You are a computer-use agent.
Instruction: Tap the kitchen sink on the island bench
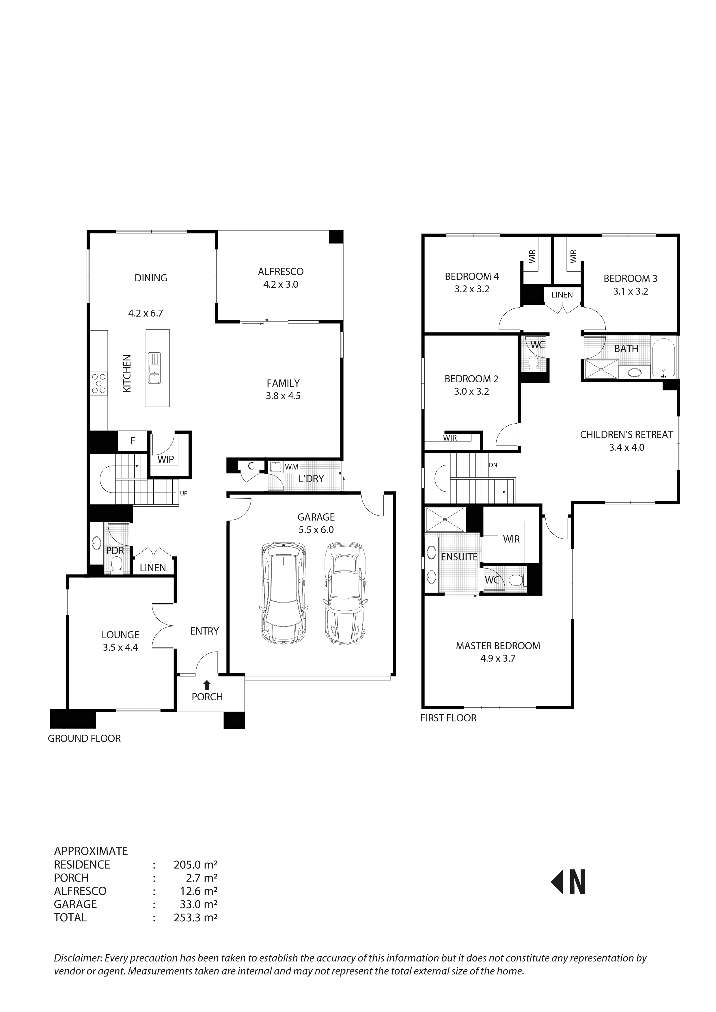click(154, 368)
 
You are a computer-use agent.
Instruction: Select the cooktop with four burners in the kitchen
click(98, 384)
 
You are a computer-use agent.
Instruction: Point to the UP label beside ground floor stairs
click(183, 493)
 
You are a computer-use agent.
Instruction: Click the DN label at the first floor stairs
click(493, 465)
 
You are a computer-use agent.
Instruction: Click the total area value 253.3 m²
click(195, 918)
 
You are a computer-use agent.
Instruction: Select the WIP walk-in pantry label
click(166, 459)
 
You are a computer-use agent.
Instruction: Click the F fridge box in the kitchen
click(133, 441)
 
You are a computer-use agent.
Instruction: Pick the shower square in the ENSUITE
click(445, 519)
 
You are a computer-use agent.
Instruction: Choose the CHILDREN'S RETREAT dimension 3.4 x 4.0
click(626, 447)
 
